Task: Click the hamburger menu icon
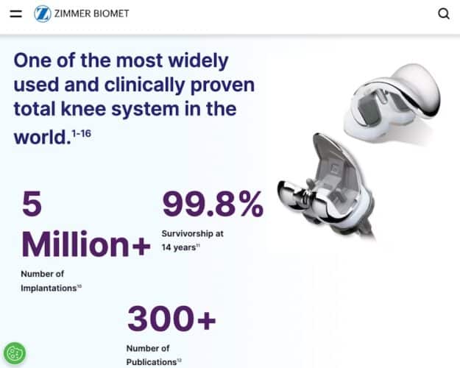pos(16,13)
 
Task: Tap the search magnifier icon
pos(443,13)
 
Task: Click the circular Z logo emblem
pos(43,13)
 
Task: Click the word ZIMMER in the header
pos(71,13)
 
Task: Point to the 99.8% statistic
pos(212,204)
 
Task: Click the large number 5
pos(31,204)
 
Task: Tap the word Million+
pos(85,244)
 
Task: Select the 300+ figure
pos(171,319)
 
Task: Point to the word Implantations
pos(47,288)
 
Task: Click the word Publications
pos(150,362)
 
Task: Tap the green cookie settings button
pos(14,354)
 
